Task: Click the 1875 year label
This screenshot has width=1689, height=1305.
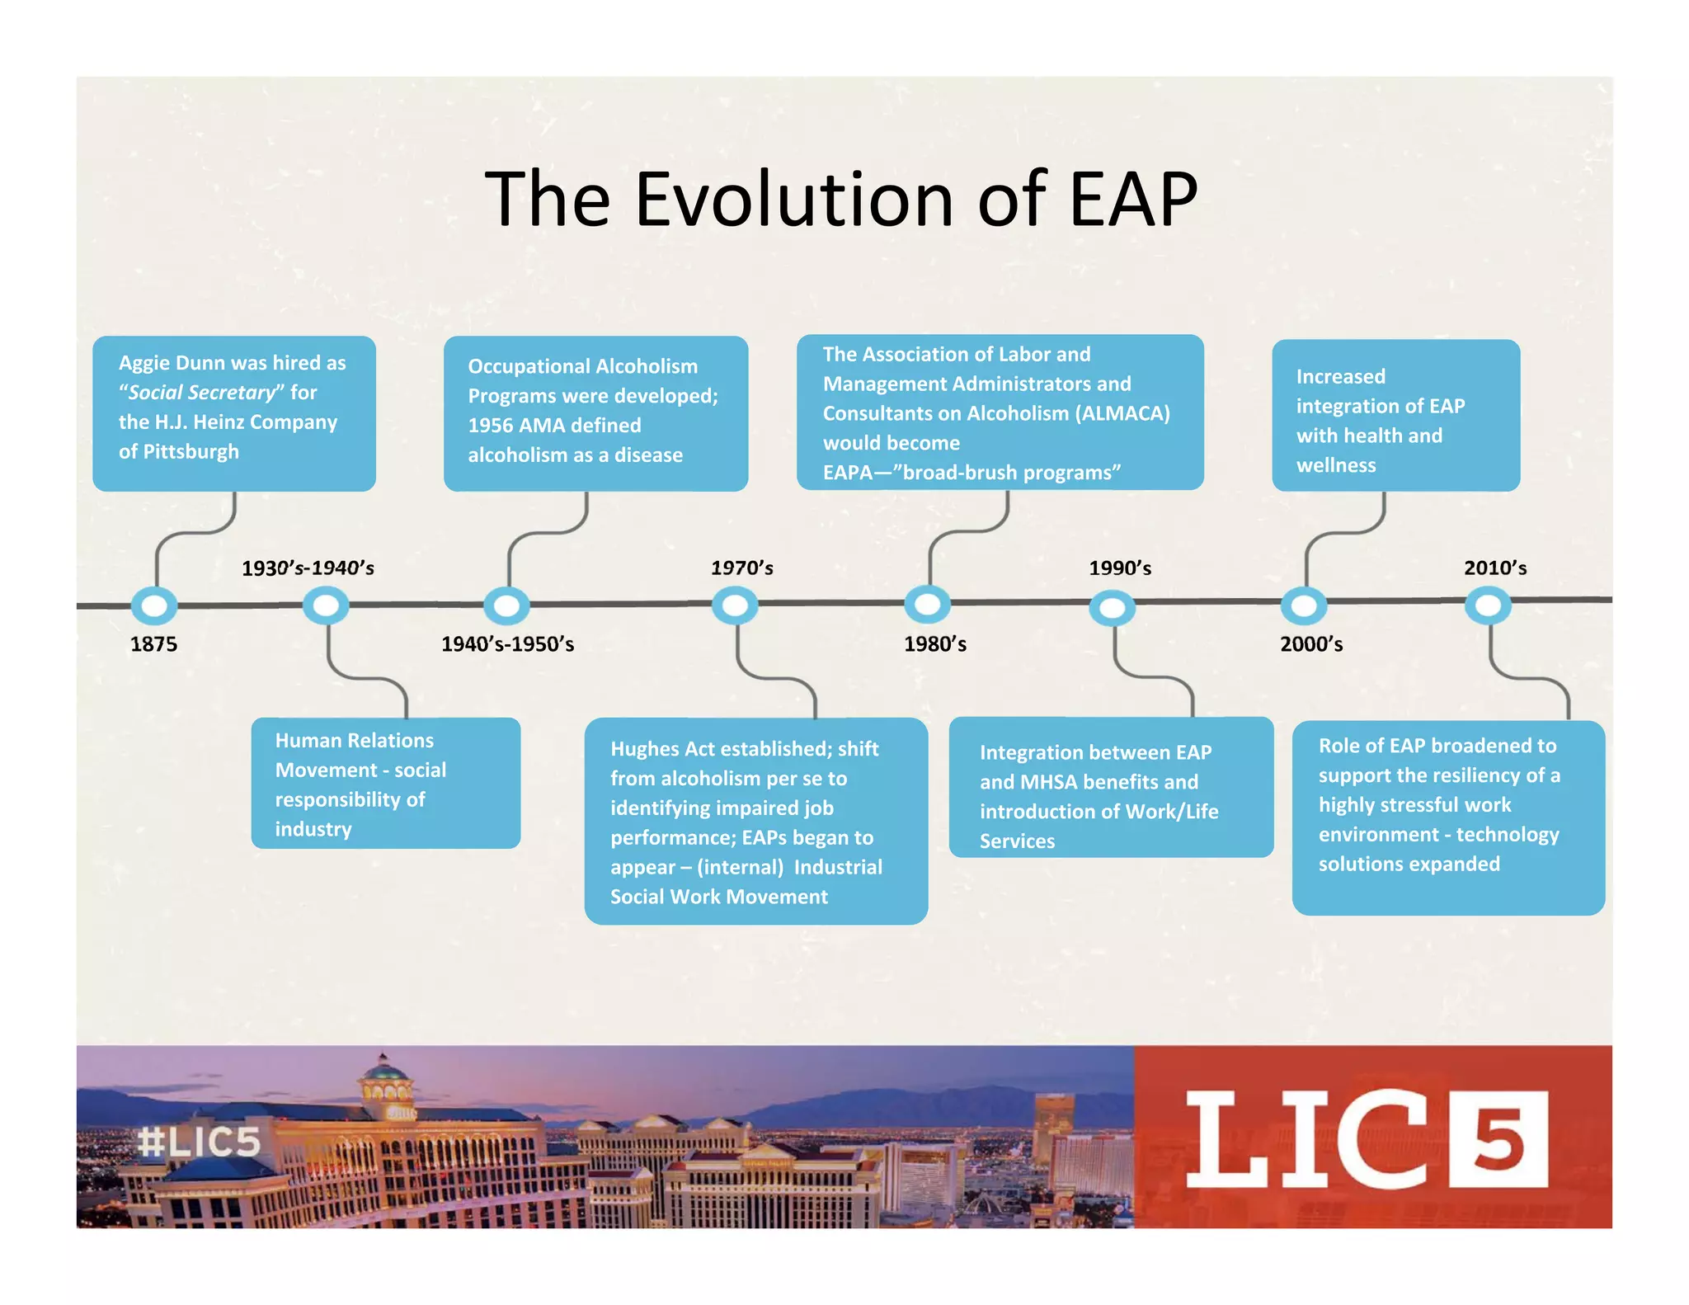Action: coord(153,643)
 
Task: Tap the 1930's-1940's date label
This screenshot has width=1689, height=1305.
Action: coord(308,568)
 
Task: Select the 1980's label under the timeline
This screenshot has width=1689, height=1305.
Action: coord(934,643)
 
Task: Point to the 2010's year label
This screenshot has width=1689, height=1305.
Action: coord(1494,568)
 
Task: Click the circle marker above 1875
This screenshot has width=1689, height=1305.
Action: coord(154,606)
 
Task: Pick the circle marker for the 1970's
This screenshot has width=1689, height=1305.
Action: coord(735,606)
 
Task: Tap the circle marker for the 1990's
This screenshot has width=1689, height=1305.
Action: coord(1112,609)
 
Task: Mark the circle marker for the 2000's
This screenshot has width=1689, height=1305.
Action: coord(1304,606)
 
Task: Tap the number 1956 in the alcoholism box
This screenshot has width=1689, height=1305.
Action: coord(491,426)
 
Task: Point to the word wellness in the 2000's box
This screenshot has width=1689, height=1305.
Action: coord(1335,465)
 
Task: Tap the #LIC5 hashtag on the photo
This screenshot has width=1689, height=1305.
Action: coord(200,1142)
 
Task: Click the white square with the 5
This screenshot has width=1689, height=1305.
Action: coord(1498,1139)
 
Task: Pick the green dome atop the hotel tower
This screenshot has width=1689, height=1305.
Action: coord(384,1072)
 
